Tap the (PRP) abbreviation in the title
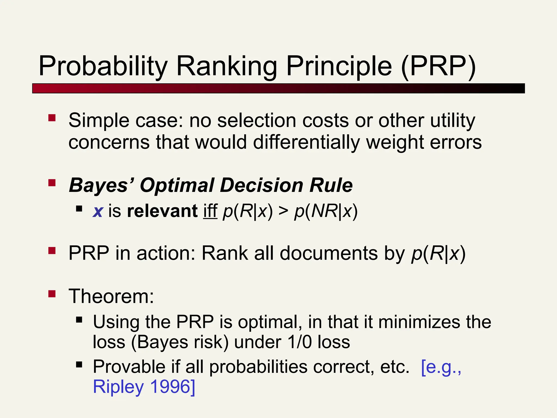438,66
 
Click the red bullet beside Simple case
52,118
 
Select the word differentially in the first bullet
307,142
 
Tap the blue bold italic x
98,211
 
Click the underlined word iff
210,211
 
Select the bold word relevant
162,211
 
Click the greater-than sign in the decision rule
283,211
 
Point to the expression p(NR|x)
326,211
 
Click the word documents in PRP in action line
329,253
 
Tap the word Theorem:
111,296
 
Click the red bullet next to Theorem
52,294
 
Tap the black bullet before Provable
79,364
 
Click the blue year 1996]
172,387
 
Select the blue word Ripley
118,387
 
